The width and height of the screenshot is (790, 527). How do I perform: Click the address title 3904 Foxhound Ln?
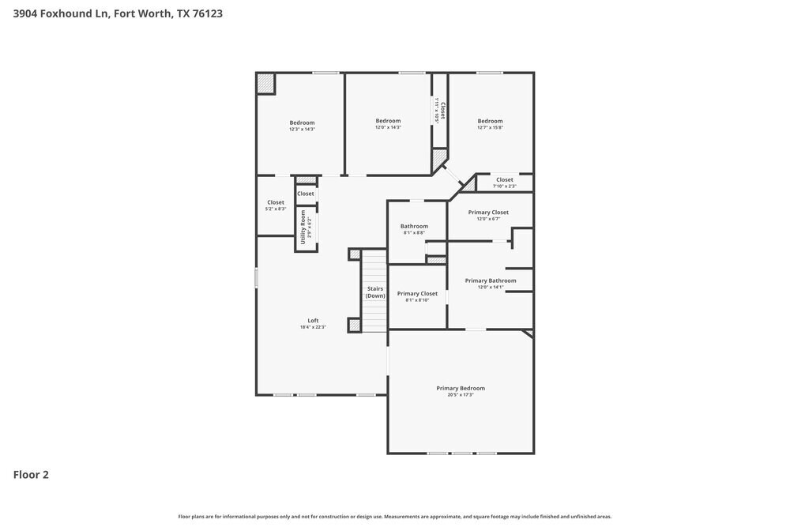click(111, 13)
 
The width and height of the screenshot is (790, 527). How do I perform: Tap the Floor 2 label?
click(31, 475)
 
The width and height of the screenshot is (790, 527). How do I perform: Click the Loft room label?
click(313, 321)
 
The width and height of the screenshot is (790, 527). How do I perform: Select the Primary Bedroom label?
click(461, 388)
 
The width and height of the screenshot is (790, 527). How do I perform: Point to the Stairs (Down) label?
click(375, 292)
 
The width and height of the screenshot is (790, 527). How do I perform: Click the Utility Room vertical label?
click(303, 226)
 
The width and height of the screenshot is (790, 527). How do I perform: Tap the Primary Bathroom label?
click(491, 280)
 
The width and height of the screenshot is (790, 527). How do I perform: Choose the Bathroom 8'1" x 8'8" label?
click(414, 227)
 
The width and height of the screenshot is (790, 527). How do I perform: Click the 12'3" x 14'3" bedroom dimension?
click(302, 129)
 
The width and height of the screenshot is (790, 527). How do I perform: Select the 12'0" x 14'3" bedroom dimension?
click(388, 127)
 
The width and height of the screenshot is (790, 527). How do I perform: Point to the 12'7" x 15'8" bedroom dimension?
click(490, 127)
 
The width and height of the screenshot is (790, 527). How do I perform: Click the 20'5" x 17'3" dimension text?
click(461, 394)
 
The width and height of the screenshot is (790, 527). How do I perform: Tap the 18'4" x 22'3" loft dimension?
click(313, 327)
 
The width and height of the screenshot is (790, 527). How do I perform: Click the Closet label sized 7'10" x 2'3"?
click(504, 180)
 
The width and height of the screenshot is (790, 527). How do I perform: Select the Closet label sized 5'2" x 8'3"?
click(276, 203)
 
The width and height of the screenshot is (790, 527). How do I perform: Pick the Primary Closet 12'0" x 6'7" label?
click(488, 213)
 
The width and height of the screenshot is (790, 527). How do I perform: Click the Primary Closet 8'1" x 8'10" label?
click(417, 294)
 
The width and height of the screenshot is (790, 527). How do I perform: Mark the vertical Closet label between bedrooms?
click(443, 111)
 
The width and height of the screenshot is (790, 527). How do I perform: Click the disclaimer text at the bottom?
click(394, 516)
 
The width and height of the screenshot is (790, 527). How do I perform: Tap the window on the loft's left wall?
click(256, 278)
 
